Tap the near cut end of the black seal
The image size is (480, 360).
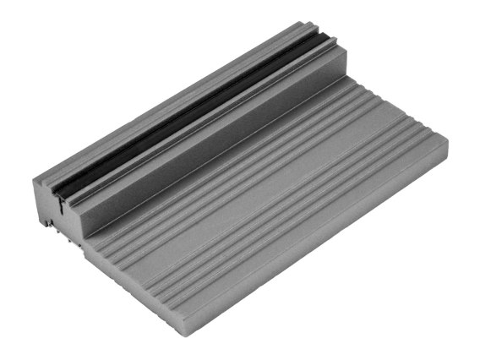(x=60, y=194)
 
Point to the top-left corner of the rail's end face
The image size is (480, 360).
(x=35, y=183)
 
